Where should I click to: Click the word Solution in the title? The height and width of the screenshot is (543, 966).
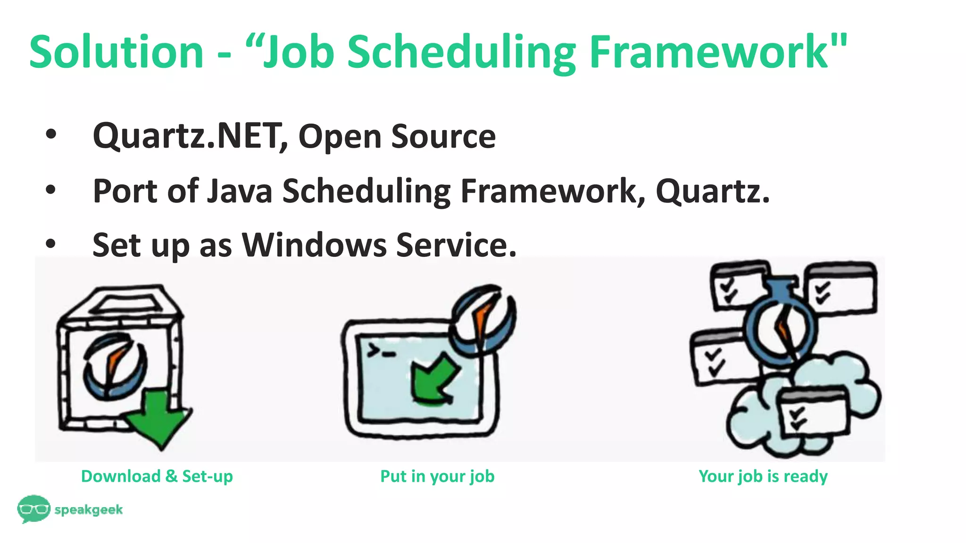click(x=116, y=52)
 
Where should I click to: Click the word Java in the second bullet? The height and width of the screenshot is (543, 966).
click(x=240, y=191)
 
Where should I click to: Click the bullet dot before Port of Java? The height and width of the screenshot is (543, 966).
click(x=50, y=190)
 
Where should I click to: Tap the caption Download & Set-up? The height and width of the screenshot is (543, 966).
click(x=157, y=476)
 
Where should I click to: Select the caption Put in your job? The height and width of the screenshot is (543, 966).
click(x=437, y=476)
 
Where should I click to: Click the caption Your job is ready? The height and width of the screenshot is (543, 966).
click(x=763, y=476)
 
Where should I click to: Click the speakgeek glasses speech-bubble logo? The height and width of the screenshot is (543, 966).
click(x=33, y=509)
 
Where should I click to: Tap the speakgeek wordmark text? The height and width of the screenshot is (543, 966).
click(x=89, y=510)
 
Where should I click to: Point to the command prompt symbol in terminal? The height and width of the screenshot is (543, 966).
click(x=381, y=351)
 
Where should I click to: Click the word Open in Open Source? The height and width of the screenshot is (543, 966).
click(x=340, y=137)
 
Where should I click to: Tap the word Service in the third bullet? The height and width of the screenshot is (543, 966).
click(x=456, y=245)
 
